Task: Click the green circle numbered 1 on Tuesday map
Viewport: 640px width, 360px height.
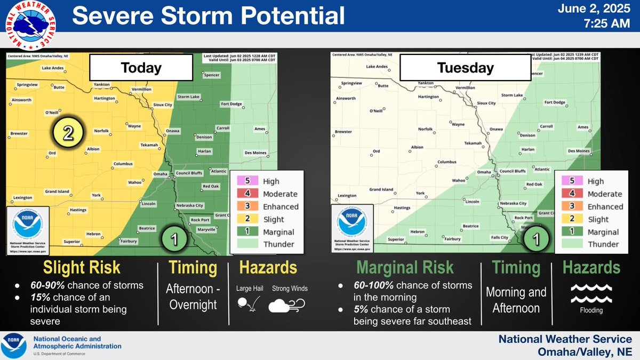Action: click(537, 239)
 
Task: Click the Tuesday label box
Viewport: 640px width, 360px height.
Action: click(465, 68)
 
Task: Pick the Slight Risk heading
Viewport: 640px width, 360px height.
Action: click(74, 268)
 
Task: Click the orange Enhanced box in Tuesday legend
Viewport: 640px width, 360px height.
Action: click(565, 206)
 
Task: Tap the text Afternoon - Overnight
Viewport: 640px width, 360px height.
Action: click(193, 298)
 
